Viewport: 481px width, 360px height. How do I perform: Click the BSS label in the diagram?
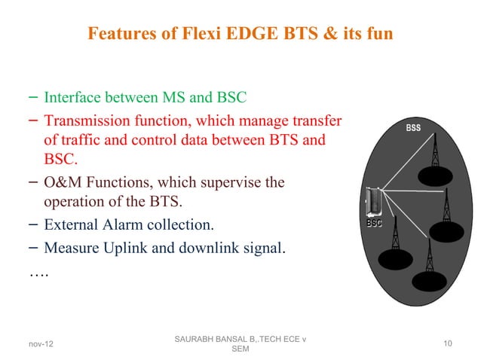pyautogui.click(x=412, y=128)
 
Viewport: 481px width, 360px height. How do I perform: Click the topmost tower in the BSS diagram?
pyautogui.click(x=434, y=154)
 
